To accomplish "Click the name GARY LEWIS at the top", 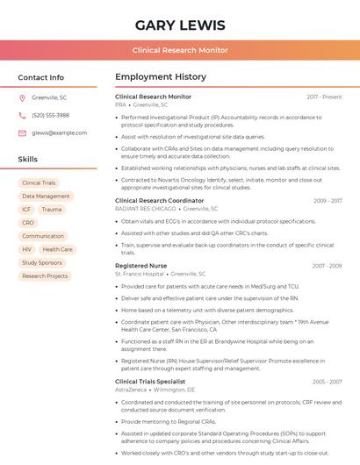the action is pos(180,25).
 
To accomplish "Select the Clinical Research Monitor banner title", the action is pos(180,50).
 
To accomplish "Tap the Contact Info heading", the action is pos(40,77).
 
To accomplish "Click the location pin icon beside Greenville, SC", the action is pos(22,97).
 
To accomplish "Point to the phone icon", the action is pos(22,115).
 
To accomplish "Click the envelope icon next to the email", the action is pos(22,132).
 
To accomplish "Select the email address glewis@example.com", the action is pos(59,132).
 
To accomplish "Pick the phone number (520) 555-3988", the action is pos(50,115).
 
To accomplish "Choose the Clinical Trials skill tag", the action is pos(39,183).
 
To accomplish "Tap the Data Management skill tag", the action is pos(46,197).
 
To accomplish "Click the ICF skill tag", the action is pos(26,210).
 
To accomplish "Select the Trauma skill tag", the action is pos(52,210).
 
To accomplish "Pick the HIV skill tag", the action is pos(27,249).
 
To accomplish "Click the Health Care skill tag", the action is pos(58,249).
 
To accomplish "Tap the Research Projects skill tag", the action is pos(45,275).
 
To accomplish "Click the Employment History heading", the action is pos(161,77).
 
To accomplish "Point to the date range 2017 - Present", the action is pos(324,97).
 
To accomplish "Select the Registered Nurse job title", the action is pos(140,265).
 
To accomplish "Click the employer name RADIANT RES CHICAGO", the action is pos(146,209).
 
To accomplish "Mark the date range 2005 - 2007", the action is pos(327,382).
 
